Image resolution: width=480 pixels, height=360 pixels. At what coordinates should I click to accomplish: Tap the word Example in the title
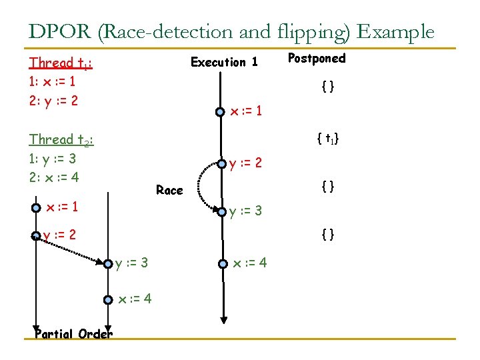click(x=396, y=31)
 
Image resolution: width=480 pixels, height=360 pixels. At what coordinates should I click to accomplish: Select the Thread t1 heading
click(x=61, y=63)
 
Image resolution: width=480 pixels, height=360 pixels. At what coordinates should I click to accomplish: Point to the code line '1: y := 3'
click(x=53, y=159)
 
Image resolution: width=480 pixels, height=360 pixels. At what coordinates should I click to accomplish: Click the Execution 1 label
click(x=224, y=62)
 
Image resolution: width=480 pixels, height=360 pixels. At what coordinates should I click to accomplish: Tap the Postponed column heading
click(x=317, y=59)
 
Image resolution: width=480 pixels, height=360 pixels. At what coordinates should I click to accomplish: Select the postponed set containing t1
click(x=328, y=139)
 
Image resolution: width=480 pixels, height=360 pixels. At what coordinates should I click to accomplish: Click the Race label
click(x=169, y=191)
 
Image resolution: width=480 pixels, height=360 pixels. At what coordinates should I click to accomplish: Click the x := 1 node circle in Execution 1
click(x=220, y=112)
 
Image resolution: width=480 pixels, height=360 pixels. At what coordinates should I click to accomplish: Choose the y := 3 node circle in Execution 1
click(x=221, y=213)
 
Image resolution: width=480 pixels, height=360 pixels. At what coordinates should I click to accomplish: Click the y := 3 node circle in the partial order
click(x=109, y=264)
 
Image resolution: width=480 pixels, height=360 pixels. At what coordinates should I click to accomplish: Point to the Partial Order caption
click(x=73, y=334)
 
